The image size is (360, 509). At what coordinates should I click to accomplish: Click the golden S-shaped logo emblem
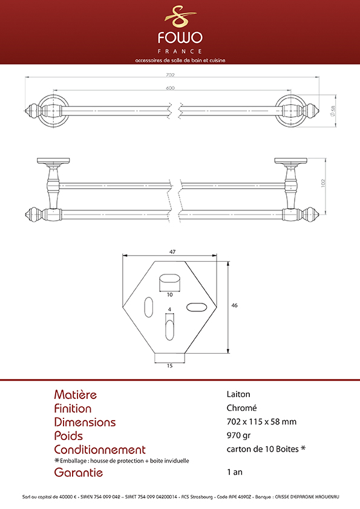(x=180, y=16)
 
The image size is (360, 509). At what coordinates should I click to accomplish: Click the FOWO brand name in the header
(x=180, y=37)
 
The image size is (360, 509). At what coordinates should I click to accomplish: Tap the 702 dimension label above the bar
(x=170, y=75)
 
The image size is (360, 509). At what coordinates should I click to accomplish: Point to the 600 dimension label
(x=170, y=88)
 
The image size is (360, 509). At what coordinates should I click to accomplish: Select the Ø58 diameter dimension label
(x=332, y=111)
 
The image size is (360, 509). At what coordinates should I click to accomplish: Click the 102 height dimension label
(x=322, y=183)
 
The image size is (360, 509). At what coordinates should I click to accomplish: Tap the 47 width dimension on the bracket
(x=172, y=251)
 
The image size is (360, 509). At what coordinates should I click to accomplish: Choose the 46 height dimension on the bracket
(x=234, y=305)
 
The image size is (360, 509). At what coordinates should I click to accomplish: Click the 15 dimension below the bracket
(x=169, y=366)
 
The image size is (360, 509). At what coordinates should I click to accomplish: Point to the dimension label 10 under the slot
(x=169, y=295)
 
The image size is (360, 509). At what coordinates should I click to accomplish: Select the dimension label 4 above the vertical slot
(x=169, y=310)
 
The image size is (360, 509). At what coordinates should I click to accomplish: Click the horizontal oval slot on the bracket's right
(x=197, y=307)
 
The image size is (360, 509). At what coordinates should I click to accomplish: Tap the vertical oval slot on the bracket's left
(x=148, y=306)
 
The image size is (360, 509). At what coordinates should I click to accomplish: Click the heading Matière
(x=76, y=394)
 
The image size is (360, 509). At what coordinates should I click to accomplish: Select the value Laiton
(x=238, y=394)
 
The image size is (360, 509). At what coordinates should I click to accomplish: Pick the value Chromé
(x=242, y=407)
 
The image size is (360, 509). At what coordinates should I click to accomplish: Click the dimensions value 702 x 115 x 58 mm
(x=261, y=422)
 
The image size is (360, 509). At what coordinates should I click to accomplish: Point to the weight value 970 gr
(x=238, y=435)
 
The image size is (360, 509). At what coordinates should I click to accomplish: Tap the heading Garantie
(x=78, y=472)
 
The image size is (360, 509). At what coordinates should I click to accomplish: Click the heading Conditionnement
(x=100, y=450)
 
